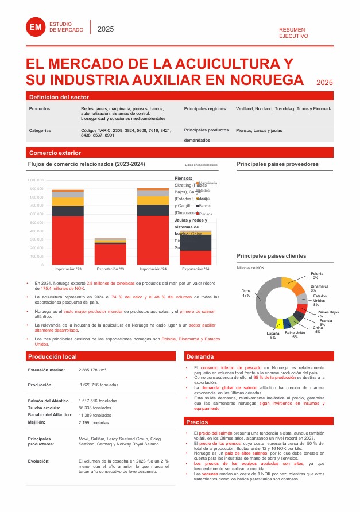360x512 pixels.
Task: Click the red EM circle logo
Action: [36, 26]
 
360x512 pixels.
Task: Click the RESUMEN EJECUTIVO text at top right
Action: [293, 32]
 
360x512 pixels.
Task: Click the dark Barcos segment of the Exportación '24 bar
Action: [196, 242]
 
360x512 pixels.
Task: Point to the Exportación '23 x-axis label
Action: [110, 269]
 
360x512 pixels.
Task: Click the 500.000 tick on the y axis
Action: [36, 223]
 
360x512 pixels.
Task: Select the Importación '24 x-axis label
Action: [153, 269]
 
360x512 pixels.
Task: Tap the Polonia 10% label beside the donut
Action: [317, 276]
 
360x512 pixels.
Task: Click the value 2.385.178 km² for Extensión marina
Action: [95, 370]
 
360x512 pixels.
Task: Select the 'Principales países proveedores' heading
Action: [277, 164]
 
